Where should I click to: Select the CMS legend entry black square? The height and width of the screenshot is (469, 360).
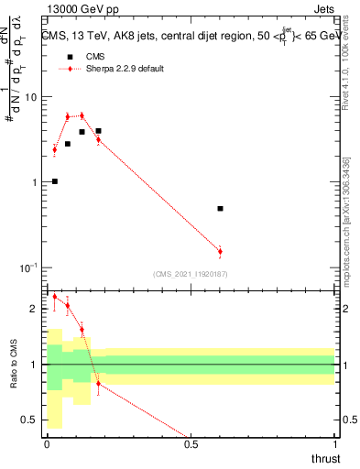68,57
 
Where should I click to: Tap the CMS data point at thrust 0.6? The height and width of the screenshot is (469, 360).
220,209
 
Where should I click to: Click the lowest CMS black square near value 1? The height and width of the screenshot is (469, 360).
55,181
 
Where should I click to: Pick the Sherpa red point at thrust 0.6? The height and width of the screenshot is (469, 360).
220,251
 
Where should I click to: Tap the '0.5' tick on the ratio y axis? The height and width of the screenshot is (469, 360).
30,420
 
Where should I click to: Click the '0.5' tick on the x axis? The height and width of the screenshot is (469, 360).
191,444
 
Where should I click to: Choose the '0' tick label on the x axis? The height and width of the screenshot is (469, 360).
47,444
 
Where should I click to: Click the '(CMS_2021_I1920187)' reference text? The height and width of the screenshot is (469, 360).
190,273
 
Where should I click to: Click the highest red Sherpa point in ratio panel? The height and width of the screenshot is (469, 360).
55,296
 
